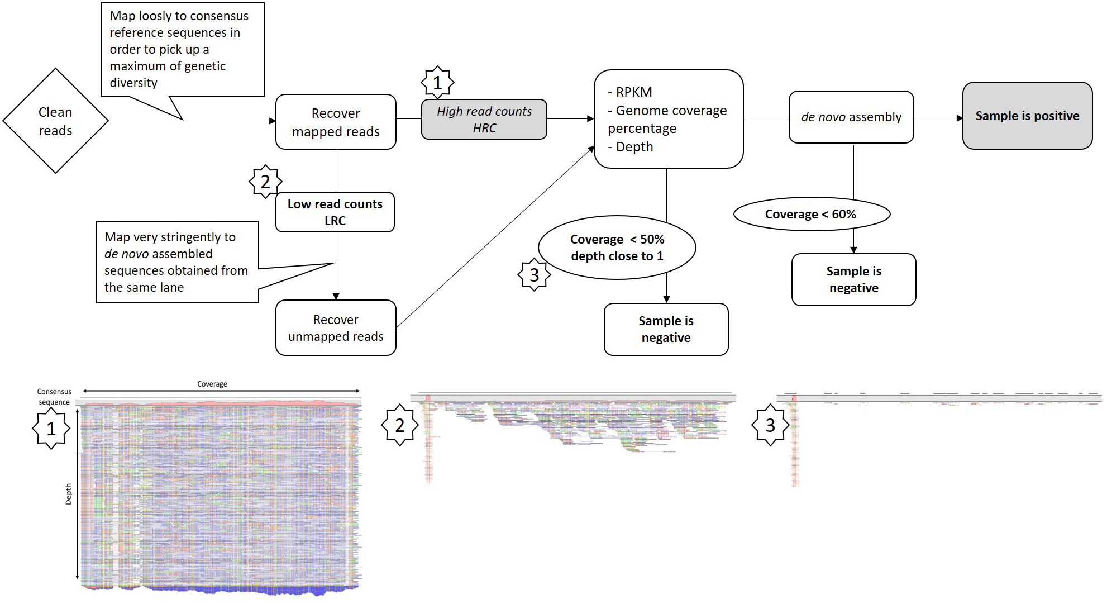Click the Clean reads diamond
coord(55,121)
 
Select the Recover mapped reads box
coord(336,122)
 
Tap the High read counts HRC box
coord(484,120)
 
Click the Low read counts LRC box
coord(335,212)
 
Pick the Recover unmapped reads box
coord(336,328)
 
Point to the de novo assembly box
coord(851,117)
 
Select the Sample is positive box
coord(1027,116)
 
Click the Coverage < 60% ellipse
coord(811,214)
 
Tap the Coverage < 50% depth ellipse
coord(617,248)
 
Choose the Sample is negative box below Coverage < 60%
coord(853,279)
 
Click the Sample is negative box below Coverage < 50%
coord(666,329)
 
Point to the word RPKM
coord(634,92)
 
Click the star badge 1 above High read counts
coord(437,83)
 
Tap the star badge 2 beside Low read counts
coord(265,182)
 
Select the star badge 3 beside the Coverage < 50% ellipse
coord(535,275)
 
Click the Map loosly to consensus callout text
coord(179,49)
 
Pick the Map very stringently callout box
coord(176,262)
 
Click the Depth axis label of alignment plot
coord(69,494)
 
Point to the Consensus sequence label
coord(54,397)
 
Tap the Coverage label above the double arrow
coord(212,384)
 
